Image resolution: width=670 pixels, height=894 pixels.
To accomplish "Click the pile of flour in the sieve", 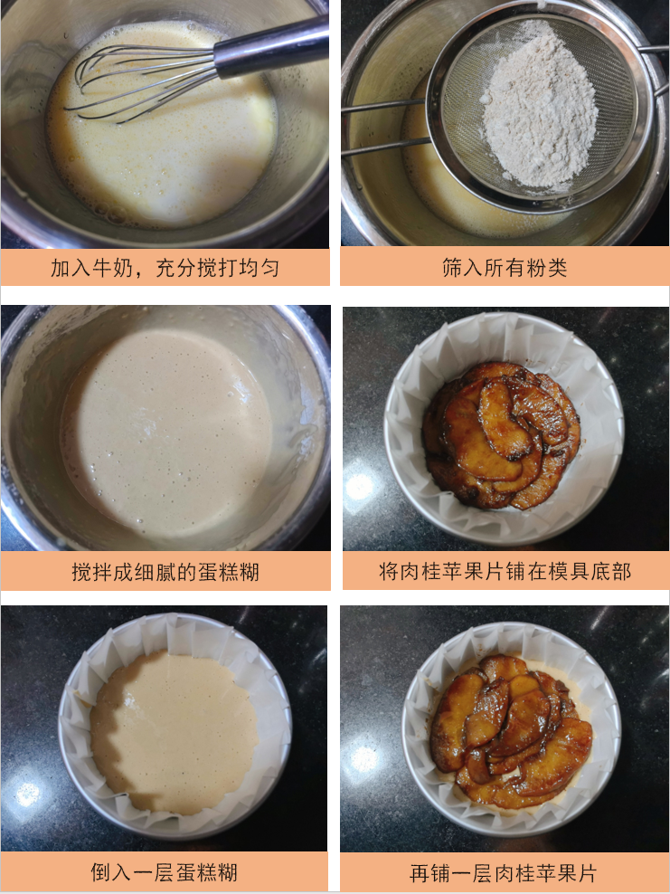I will click(540, 112).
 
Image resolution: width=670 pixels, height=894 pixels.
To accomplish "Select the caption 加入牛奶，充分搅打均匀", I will click(165, 269).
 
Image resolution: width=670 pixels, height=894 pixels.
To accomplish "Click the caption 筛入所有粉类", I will click(505, 269).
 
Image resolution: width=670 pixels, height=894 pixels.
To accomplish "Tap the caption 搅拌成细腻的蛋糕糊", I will click(165, 572).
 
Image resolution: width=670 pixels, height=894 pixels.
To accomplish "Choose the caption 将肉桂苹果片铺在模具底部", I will click(505, 572).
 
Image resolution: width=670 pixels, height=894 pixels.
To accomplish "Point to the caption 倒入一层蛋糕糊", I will click(165, 873).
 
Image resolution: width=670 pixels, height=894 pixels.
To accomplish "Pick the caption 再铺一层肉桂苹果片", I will click(505, 873).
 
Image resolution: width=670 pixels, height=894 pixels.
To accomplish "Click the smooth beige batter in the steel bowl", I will click(167, 425).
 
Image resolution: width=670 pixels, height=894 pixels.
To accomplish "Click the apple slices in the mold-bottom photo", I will click(502, 434).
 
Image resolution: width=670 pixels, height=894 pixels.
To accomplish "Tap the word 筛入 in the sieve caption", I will click(462, 269).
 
